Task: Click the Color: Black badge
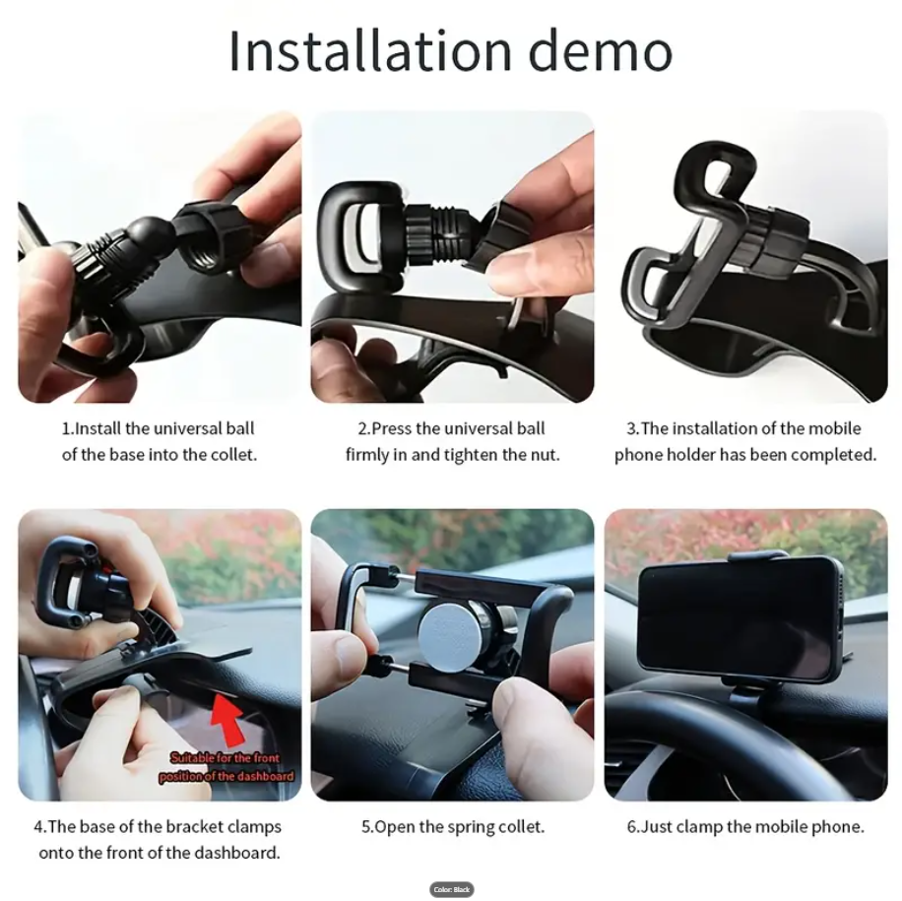click(452, 889)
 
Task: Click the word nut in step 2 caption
click(545, 454)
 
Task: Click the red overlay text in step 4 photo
click(226, 767)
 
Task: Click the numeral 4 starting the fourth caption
click(38, 826)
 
